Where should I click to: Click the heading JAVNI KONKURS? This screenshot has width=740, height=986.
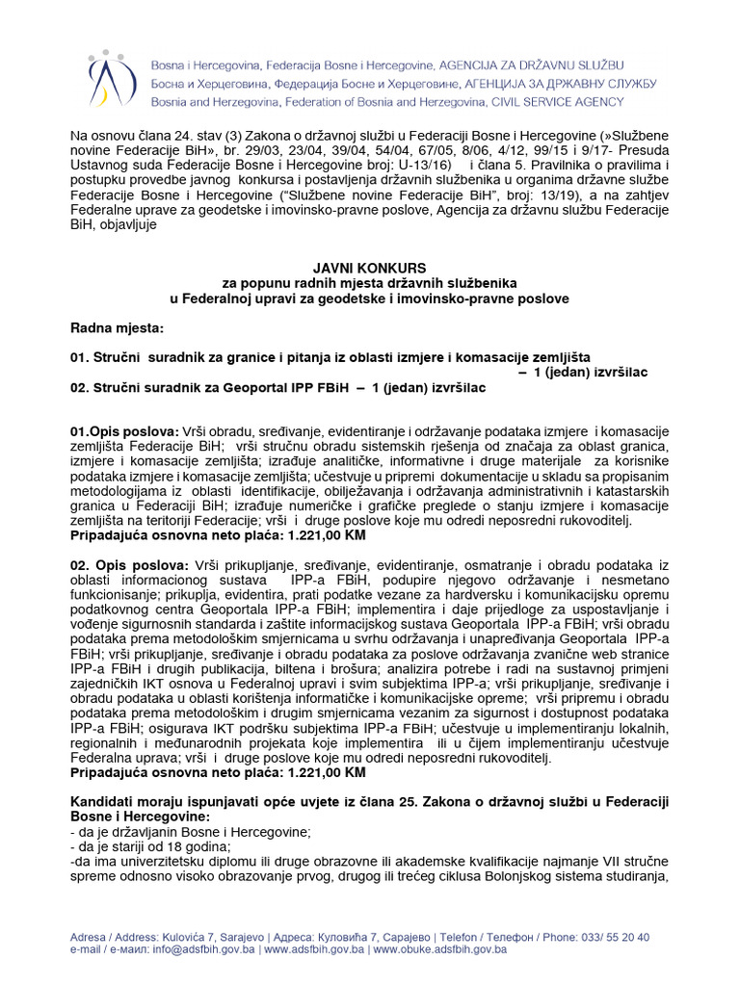pos(369,267)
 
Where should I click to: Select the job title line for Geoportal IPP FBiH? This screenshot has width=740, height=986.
pos(278,387)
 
